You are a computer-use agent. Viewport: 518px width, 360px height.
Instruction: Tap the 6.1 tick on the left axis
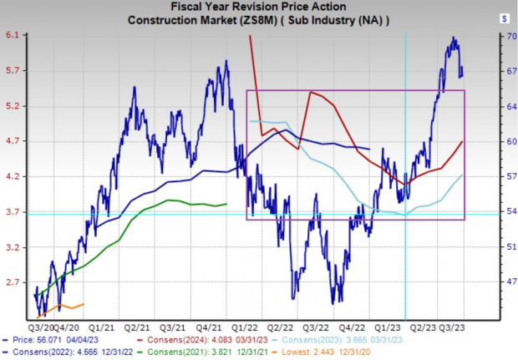pyautogui.click(x=16, y=35)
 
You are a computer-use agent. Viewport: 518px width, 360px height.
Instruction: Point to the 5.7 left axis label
pyautogui.click(x=16, y=71)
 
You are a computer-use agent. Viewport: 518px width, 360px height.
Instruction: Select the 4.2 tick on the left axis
pyautogui.click(x=16, y=177)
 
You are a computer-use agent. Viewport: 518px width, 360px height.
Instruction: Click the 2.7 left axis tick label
pyautogui.click(x=16, y=283)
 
